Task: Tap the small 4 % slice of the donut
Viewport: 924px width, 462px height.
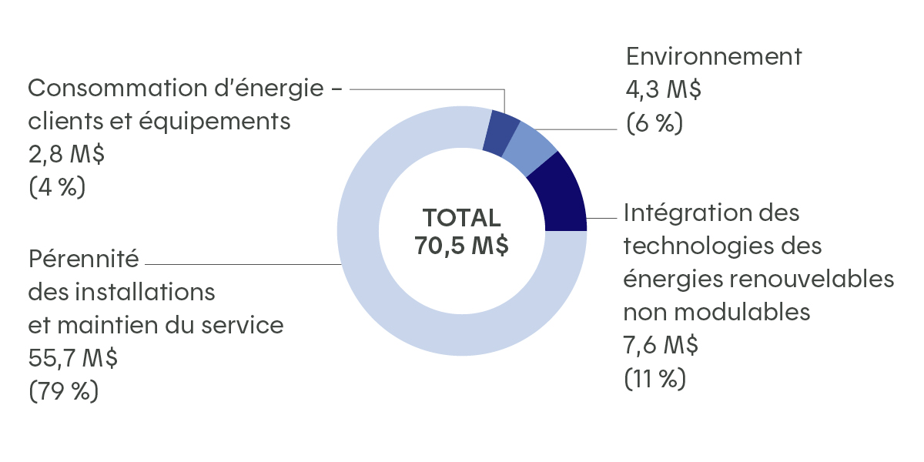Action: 501,132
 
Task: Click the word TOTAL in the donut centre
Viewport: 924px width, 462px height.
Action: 461,218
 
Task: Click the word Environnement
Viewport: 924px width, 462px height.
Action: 714,56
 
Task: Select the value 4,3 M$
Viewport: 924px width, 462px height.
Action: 663,89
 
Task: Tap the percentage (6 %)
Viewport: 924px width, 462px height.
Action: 654,123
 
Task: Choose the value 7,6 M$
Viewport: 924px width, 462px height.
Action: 661,346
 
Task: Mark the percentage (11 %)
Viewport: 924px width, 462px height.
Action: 654,380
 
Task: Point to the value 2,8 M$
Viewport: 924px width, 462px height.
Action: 66,155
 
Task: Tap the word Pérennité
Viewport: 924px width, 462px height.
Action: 84,258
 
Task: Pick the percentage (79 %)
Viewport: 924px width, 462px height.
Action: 64,392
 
